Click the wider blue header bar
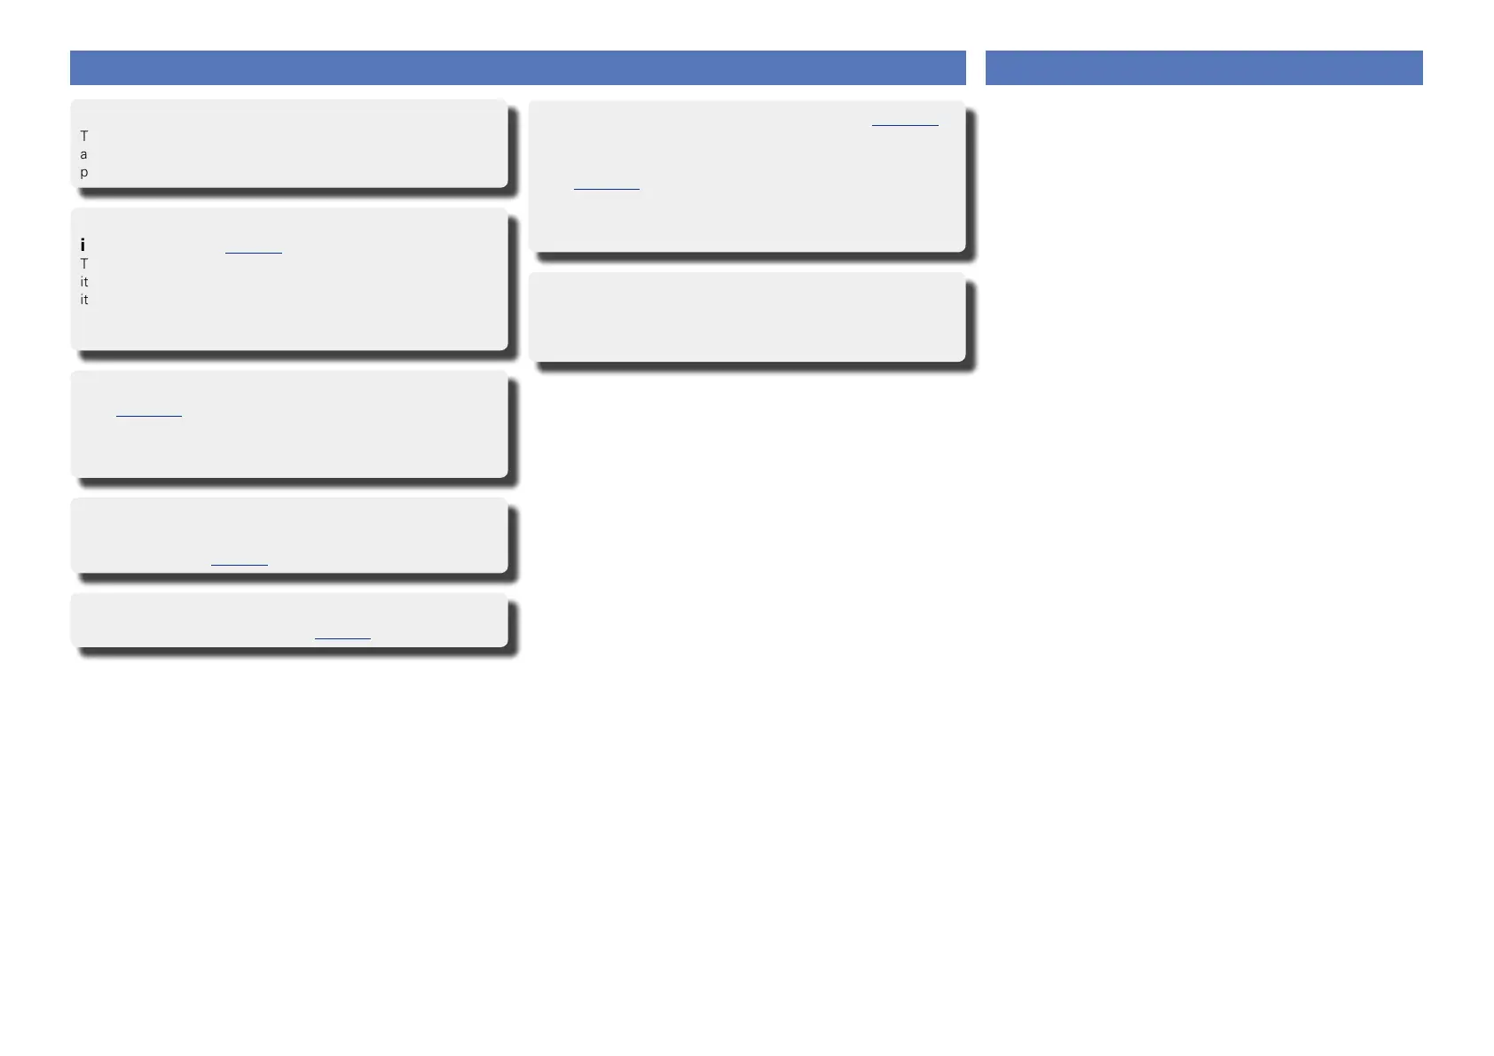pos(517,67)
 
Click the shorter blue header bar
pos(1203,67)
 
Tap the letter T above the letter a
pos(84,137)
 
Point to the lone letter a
pos(84,154)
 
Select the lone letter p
pos(84,172)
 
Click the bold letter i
pos(83,245)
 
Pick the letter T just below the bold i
pos(84,264)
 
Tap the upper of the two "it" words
pos(84,282)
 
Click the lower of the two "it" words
pos(84,300)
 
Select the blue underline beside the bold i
pos(253,254)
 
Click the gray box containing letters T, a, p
pos(289,144)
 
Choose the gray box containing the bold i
pos(289,279)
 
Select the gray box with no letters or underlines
pos(747,317)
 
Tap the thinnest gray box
pos(289,620)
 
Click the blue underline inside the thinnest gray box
pos(342,638)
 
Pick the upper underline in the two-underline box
pos(904,126)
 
